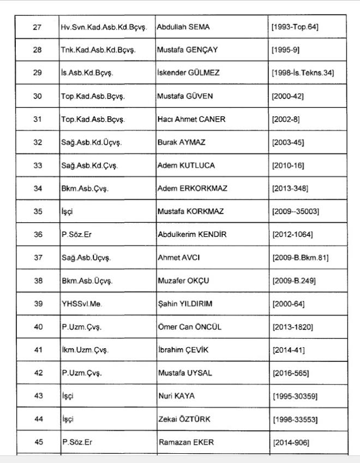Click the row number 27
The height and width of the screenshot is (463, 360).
coord(37,27)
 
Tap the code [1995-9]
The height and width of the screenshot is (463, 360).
coord(285,50)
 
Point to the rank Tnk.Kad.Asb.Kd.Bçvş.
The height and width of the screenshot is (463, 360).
coord(98,50)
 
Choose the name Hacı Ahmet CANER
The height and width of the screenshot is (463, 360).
coord(191,119)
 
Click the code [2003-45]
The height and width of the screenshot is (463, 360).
coord(287,142)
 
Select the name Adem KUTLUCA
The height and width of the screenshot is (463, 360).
coord(186,165)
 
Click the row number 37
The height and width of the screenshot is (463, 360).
coord(37,258)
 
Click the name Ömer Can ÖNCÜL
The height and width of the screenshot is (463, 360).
coord(189,327)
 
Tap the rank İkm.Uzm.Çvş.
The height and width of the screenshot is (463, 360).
coord(85,350)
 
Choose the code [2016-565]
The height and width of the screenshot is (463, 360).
coord(290,373)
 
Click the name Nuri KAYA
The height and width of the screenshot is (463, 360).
coord(176,396)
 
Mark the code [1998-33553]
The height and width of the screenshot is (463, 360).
coord(295,419)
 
